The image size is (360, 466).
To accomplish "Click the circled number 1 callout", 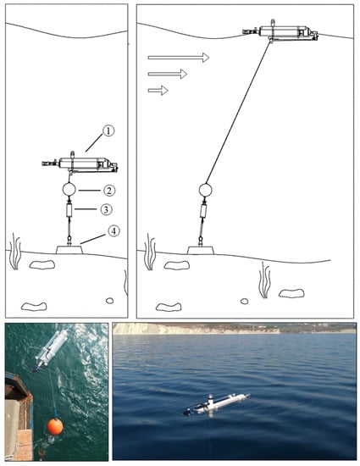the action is tap(108, 130).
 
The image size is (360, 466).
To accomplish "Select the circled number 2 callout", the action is tap(109, 191).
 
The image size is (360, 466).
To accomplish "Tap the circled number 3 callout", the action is tap(106, 210).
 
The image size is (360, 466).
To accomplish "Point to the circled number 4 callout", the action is tap(114, 231).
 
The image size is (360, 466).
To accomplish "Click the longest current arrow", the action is tap(179, 58).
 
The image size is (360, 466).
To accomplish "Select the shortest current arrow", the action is tap(158, 91).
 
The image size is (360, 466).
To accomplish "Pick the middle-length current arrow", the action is tap(168, 74).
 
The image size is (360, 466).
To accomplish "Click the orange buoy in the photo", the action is tap(55, 427).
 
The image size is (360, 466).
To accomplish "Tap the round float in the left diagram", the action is tap(69, 190).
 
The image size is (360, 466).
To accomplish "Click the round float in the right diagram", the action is tap(205, 190).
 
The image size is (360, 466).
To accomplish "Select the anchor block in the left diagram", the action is tap(69, 249).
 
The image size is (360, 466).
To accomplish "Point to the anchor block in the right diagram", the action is tap(201, 250).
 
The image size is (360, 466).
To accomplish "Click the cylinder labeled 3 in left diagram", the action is tap(69, 210).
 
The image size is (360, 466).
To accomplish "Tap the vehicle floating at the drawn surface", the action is tap(280, 31).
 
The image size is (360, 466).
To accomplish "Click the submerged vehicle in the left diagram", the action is tap(80, 164).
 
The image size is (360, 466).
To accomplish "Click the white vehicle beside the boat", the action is tap(52, 349).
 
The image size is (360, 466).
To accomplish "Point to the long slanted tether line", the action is tap(239, 112).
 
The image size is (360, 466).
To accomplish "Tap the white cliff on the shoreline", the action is tap(196, 329).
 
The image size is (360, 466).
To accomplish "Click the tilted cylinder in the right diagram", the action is tap(203, 212).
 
